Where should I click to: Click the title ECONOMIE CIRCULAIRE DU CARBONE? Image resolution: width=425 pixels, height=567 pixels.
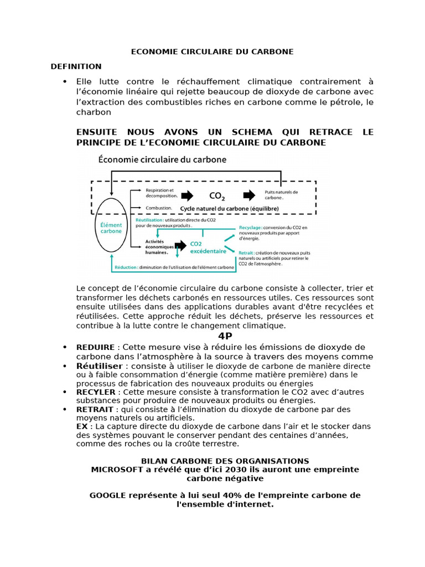click(x=212, y=52)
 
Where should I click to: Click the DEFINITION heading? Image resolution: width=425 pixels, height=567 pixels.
click(x=76, y=66)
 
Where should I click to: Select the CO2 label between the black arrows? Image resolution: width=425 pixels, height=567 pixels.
click(x=217, y=196)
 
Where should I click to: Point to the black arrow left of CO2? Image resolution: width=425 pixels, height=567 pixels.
click(x=187, y=195)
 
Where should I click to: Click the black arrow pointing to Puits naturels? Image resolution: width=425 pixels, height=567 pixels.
click(x=250, y=195)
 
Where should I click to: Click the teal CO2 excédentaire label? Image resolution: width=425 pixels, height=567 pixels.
click(x=208, y=247)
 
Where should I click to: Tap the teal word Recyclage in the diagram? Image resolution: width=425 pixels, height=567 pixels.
click(x=251, y=228)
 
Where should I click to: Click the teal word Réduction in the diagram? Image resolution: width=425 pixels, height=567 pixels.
click(x=126, y=268)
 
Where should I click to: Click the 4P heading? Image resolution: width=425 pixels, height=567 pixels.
click(x=225, y=336)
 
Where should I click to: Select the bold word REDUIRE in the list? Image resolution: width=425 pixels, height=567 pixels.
click(x=96, y=347)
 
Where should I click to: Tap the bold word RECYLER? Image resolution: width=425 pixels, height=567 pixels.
click(x=96, y=392)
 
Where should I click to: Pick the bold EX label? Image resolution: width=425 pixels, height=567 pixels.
click(x=82, y=426)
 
